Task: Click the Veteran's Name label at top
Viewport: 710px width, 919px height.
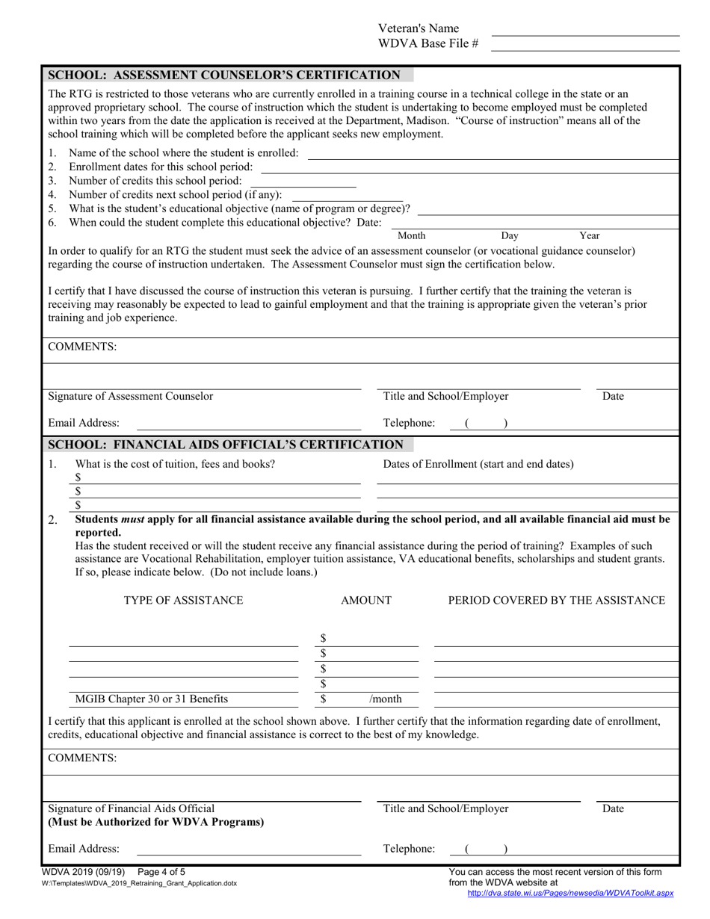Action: (419, 28)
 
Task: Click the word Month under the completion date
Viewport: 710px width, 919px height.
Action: (411, 235)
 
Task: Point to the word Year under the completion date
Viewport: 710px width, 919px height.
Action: (590, 235)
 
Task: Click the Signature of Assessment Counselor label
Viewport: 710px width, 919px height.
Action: (131, 397)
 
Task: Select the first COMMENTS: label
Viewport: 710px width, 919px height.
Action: (82, 347)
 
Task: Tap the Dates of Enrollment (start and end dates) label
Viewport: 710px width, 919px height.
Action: (478, 464)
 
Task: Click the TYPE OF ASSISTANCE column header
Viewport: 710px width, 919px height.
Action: (183, 601)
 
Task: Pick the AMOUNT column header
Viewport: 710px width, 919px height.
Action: (365, 601)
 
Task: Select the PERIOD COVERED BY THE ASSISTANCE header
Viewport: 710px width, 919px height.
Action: (556, 601)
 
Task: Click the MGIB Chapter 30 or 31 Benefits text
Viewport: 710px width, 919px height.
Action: (152, 699)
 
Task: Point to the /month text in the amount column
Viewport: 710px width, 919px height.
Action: (386, 699)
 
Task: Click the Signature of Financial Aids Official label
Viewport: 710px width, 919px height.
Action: (131, 808)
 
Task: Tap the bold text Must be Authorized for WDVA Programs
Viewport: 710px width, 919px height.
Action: (155, 823)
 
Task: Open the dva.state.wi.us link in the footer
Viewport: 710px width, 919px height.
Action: (570, 892)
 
